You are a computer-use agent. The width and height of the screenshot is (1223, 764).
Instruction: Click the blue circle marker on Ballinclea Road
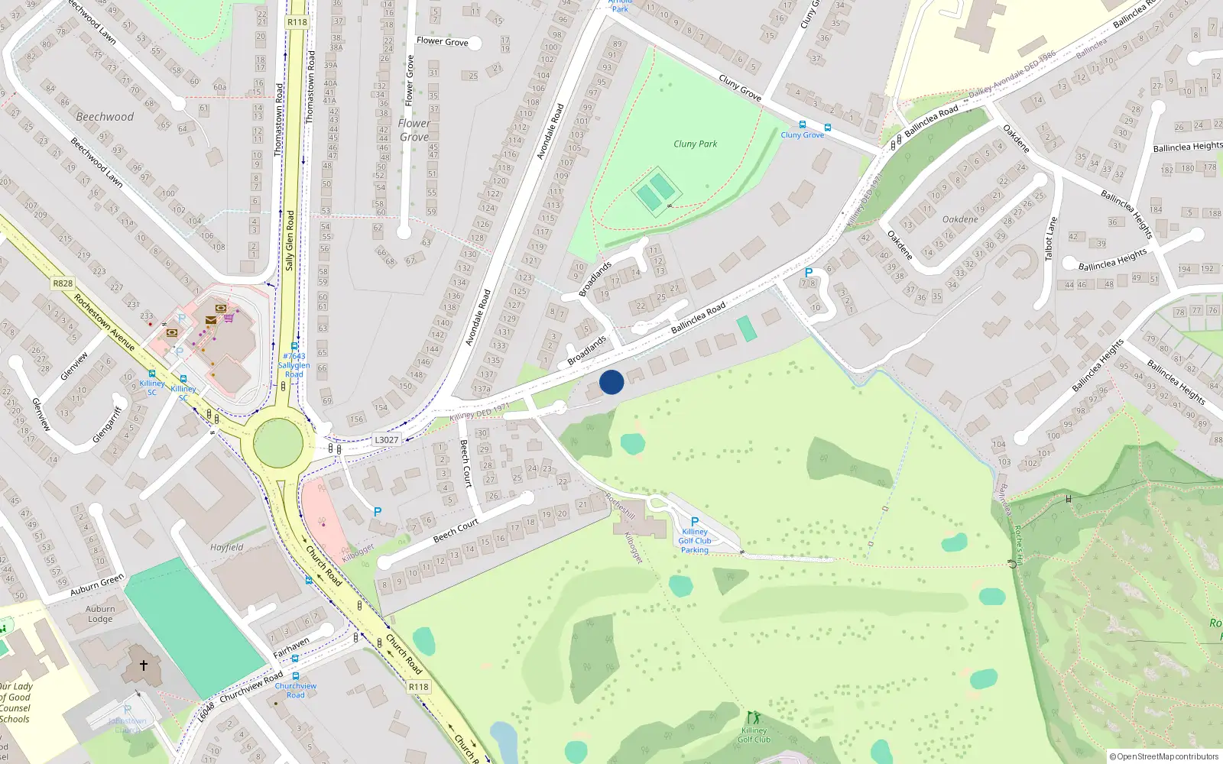tap(611, 382)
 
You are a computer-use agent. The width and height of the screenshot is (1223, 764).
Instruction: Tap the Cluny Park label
tap(695, 144)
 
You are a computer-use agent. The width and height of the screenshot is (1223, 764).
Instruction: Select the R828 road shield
tap(63, 283)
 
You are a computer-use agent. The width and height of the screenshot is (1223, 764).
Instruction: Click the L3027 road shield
tap(387, 439)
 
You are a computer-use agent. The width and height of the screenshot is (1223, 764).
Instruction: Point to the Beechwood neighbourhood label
tap(105, 117)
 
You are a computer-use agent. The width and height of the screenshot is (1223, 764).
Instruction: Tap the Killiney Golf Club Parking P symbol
tap(695, 522)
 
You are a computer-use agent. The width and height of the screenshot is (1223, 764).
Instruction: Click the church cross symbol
tap(143, 665)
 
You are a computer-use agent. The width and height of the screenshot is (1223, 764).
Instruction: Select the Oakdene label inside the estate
tap(960, 219)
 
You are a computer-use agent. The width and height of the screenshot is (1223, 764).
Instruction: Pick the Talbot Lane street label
tap(1052, 238)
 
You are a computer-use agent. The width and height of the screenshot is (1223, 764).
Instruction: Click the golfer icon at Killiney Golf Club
tap(754, 718)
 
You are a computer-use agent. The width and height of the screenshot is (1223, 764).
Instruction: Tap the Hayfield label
tap(227, 547)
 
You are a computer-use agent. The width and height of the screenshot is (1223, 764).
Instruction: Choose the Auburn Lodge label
tap(100, 614)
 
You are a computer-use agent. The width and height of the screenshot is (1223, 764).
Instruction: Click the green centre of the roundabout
tap(277, 443)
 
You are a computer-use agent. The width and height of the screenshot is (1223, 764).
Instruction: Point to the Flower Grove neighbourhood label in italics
tap(414, 130)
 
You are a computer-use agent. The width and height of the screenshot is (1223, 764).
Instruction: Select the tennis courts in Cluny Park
tap(654, 191)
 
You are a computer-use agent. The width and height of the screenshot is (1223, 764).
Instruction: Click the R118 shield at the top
tap(297, 22)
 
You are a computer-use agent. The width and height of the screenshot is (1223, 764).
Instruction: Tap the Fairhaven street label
tap(291, 648)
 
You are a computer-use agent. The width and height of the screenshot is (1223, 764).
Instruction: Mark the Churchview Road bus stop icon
tap(295, 676)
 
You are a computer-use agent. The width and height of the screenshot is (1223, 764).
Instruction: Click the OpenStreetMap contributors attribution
tap(1163, 756)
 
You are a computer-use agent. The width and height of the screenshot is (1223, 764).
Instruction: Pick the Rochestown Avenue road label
tap(104, 322)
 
